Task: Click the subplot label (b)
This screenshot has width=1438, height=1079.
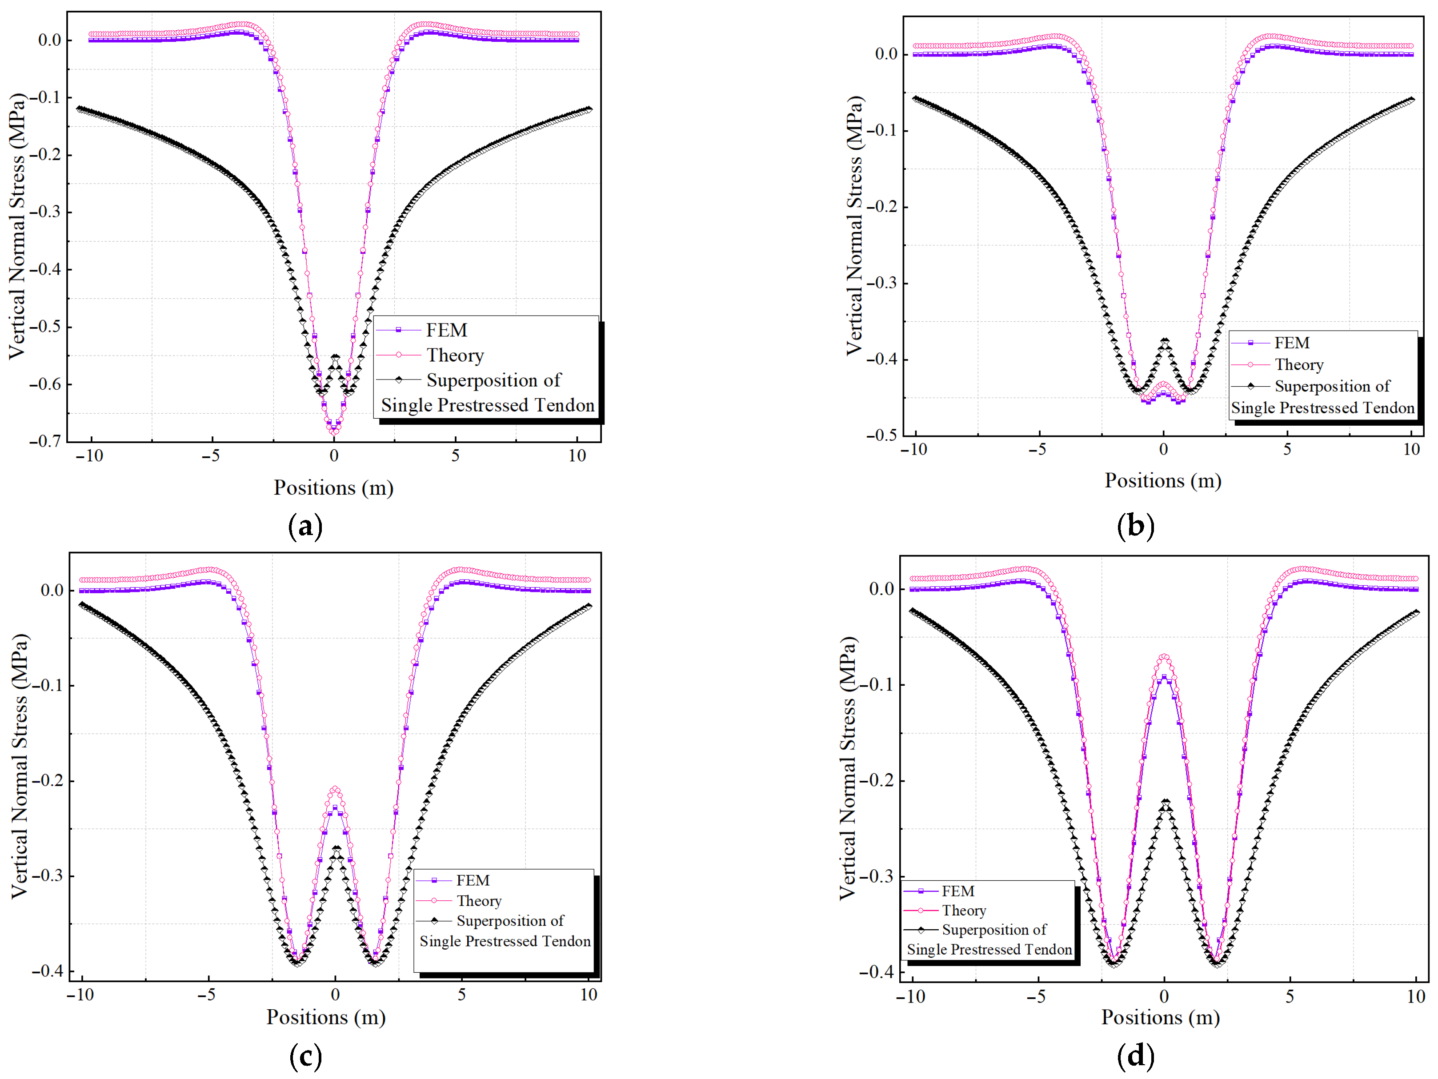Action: click(x=1135, y=526)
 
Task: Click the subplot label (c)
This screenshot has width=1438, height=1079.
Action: click(x=305, y=1056)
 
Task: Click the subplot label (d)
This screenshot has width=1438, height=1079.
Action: click(x=1135, y=1056)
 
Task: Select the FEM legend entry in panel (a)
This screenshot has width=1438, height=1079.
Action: click(x=421, y=330)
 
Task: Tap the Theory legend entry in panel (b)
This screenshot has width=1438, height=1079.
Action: click(x=1278, y=365)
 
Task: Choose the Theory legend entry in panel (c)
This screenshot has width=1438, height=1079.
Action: click(x=459, y=900)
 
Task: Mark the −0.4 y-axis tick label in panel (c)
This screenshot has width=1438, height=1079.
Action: click(x=48, y=971)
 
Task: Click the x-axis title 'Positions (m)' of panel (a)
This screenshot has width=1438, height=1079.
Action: click(x=333, y=488)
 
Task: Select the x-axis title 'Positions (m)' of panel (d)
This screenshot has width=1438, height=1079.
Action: click(x=1161, y=1017)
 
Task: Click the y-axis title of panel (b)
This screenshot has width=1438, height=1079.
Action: click(x=855, y=226)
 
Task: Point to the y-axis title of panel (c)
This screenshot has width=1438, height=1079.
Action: click(x=20, y=766)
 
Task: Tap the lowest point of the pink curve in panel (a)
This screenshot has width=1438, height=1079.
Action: click(x=334, y=432)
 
